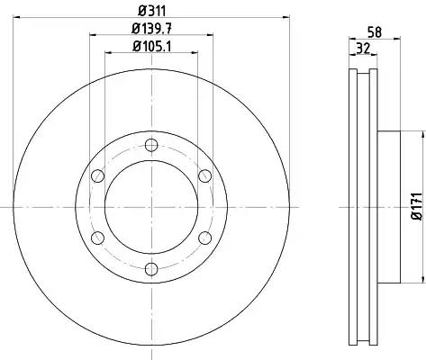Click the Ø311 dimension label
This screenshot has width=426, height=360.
coord(151,12)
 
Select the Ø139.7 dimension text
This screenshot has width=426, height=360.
coord(151,29)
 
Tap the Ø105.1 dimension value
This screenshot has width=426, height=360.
coord(151,47)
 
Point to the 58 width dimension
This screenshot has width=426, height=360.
coord(375,32)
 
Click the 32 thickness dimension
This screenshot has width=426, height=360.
coord(363,49)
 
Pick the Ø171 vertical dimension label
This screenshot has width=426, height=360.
coord(417,207)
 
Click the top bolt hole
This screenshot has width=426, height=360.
coord(151,145)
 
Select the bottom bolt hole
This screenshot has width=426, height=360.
coord(151,269)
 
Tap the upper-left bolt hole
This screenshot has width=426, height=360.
coord(97,175)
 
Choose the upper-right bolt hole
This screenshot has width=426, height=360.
coord(205,175)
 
